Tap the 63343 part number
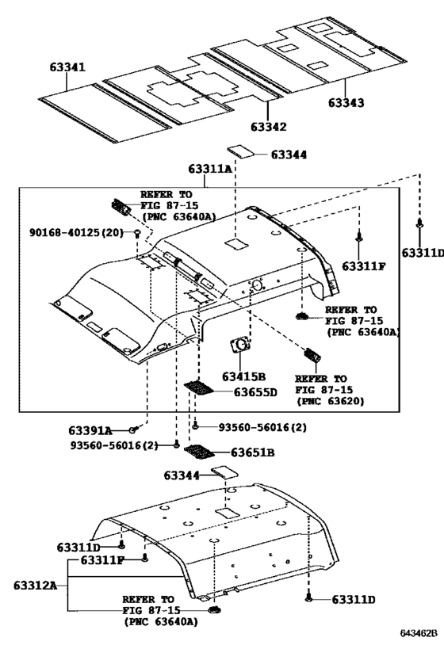[346, 103]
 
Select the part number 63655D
[255, 391]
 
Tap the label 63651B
[253, 453]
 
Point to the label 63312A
[35, 586]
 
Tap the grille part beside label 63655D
[199, 389]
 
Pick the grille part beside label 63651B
[197, 452]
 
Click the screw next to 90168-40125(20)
[138, 234]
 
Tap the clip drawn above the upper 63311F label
[360, 236]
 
